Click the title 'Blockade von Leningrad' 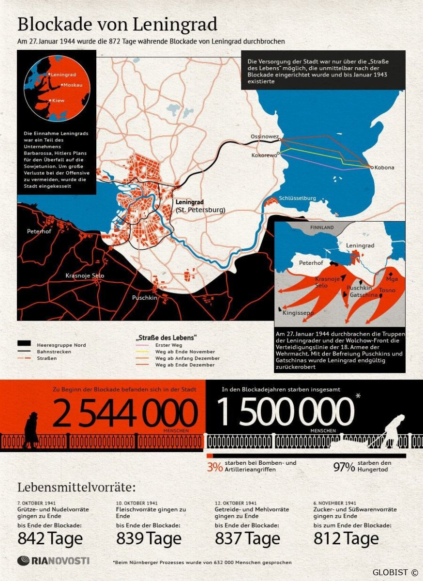tap(117, 24)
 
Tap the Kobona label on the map tap(384, 168)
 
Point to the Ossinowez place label tap(264, 137)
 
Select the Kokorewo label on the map tap(264, 155)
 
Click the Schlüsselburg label tap(297, 198)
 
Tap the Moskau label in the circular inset tap(73, 85)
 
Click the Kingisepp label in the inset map tap(298, 313)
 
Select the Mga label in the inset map tap(392, 279)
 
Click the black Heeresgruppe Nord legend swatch tap(28, 344)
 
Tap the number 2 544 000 tap(125, 413)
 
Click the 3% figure tap(214, 467)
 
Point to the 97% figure tap(344, 467)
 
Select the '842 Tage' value tap(50, 538)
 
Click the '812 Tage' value tap(346, 538)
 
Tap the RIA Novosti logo tap(53, 561)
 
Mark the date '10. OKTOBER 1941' tap(137, 503)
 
